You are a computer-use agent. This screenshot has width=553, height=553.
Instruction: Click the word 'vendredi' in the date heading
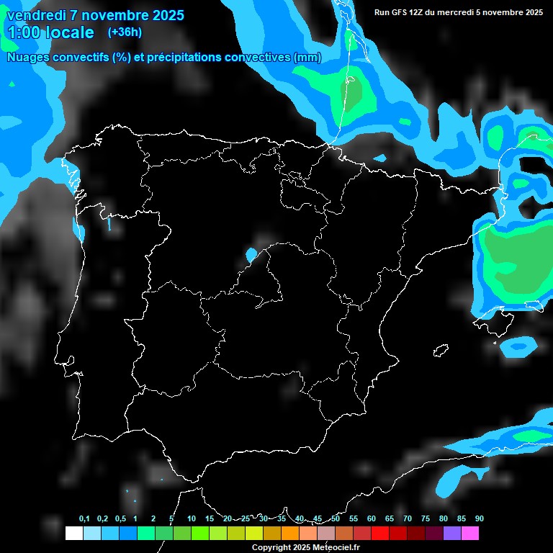coord(35,15)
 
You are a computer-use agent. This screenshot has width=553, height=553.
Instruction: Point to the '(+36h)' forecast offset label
coord(125,32)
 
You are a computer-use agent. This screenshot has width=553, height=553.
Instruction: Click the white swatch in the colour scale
coord(73,533)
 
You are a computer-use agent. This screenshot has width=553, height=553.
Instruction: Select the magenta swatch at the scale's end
coord(469,533)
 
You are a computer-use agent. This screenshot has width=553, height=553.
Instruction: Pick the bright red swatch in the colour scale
coord(379,533)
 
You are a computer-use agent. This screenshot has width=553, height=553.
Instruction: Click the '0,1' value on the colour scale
coord(84,519)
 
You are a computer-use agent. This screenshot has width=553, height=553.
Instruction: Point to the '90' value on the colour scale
coord(479,519)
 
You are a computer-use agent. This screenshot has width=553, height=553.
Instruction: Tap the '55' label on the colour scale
coord(353,519)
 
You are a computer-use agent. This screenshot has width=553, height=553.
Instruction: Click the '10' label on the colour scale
coord(191,519)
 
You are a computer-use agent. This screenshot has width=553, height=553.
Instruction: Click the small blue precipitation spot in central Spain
coord(251,254)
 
